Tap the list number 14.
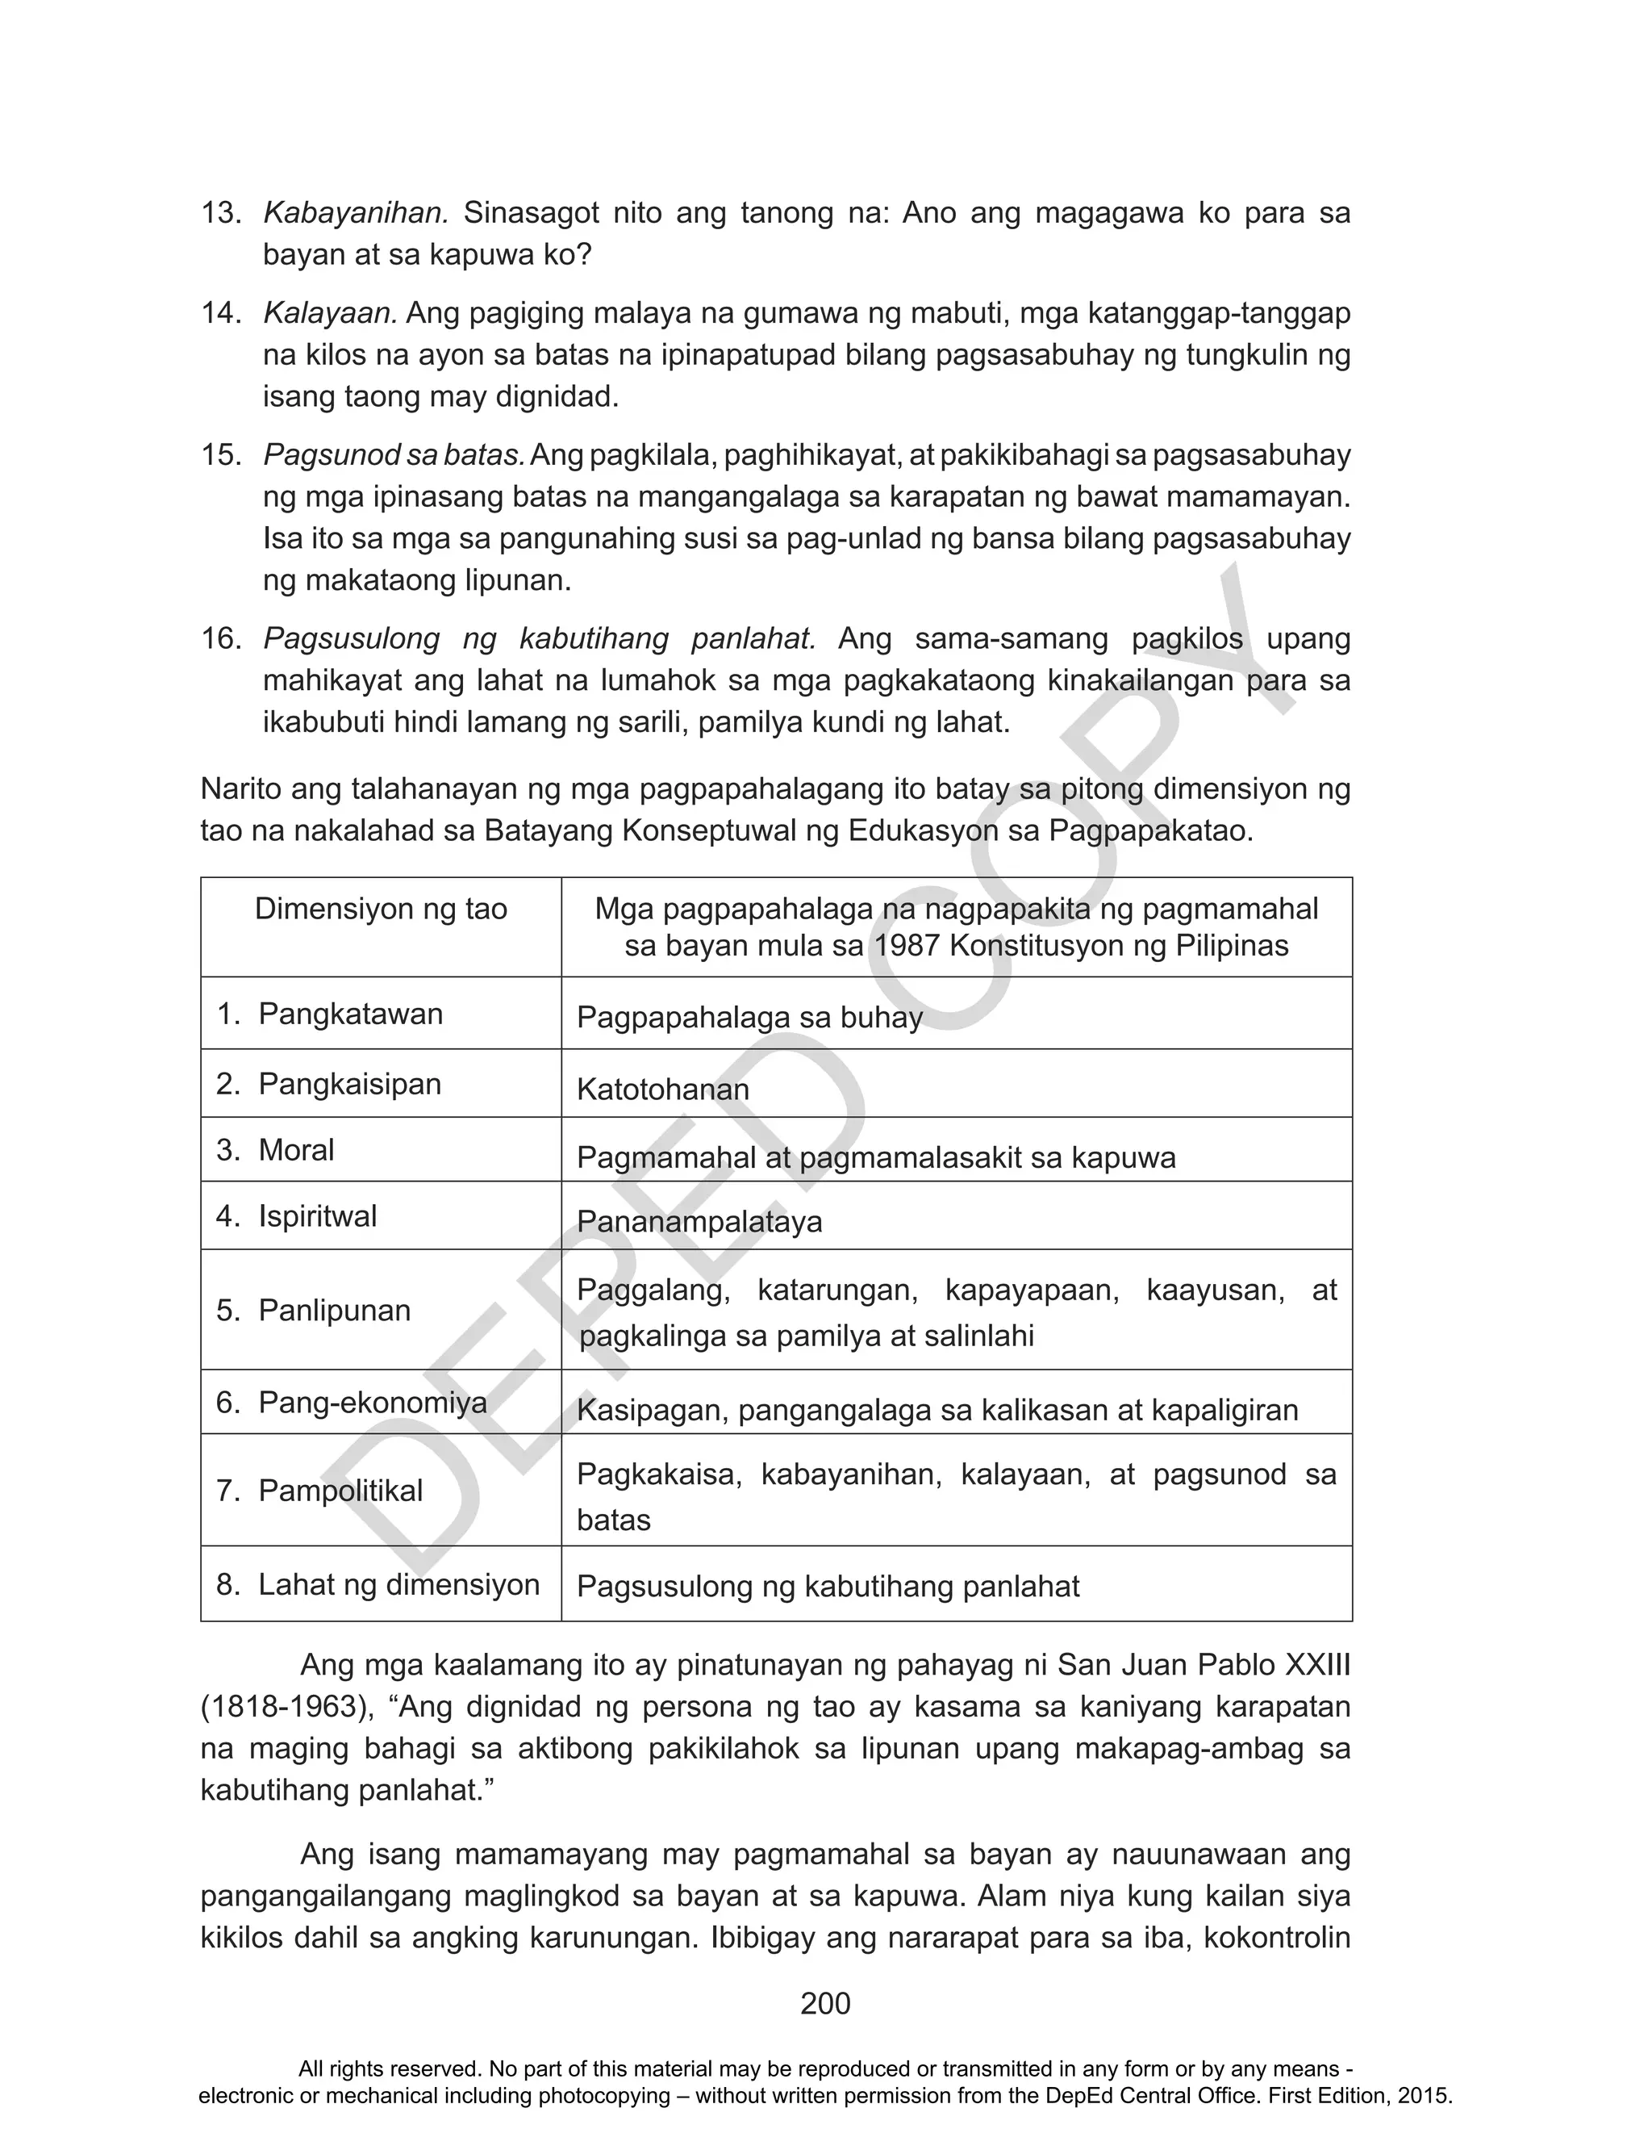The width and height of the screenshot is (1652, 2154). pos(220,313)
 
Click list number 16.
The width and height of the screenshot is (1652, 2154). pos(220,638)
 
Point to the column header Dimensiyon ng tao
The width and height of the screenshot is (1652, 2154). pos(381,908)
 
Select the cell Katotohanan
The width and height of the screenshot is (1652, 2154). pos(663,1090)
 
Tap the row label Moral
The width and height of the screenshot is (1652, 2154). pos(295,1150)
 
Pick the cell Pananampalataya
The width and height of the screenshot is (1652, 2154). pos(699,1222)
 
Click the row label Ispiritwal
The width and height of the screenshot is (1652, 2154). pos(317,1217)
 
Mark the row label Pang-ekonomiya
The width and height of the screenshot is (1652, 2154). pos(372,1402)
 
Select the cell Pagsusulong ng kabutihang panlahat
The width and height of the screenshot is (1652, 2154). pos(828,1586)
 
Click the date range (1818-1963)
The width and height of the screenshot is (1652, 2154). pos(287,1706)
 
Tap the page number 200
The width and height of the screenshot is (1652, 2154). pos(825,2004)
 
